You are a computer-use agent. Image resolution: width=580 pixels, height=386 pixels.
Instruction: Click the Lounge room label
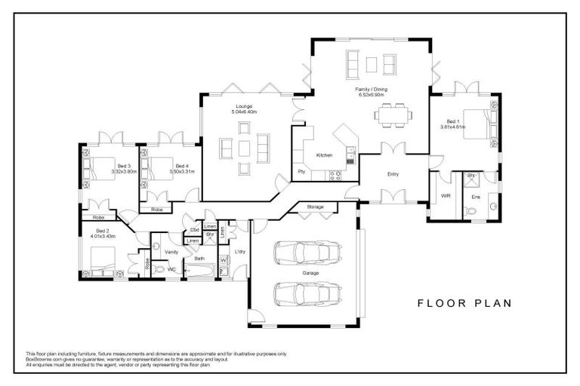click(244, 106)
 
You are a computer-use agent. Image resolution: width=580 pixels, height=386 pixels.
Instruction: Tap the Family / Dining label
click(372, 89)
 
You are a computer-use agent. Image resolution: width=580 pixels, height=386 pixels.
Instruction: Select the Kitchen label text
click(324, 155)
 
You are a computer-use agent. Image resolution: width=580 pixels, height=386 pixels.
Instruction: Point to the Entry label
click(393, 174)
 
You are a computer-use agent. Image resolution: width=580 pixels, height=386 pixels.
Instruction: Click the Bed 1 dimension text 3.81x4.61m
click(453, 127)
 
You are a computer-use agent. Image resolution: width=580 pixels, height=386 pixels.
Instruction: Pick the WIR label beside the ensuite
click(445, 197)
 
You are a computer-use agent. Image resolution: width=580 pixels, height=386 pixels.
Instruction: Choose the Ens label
click(475, 197)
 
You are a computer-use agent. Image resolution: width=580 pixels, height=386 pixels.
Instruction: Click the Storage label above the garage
click(315, 207)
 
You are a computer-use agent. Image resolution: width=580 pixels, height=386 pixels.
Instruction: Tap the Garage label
click(310, 272)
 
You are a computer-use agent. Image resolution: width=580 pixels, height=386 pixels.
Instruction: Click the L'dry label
click(240, 251)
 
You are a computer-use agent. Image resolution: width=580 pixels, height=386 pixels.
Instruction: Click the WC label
click(171, 268)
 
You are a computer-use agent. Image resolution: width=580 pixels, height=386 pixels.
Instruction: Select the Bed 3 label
click(124, 166)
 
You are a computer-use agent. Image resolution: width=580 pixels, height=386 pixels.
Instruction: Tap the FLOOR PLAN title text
click(464, 303)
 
